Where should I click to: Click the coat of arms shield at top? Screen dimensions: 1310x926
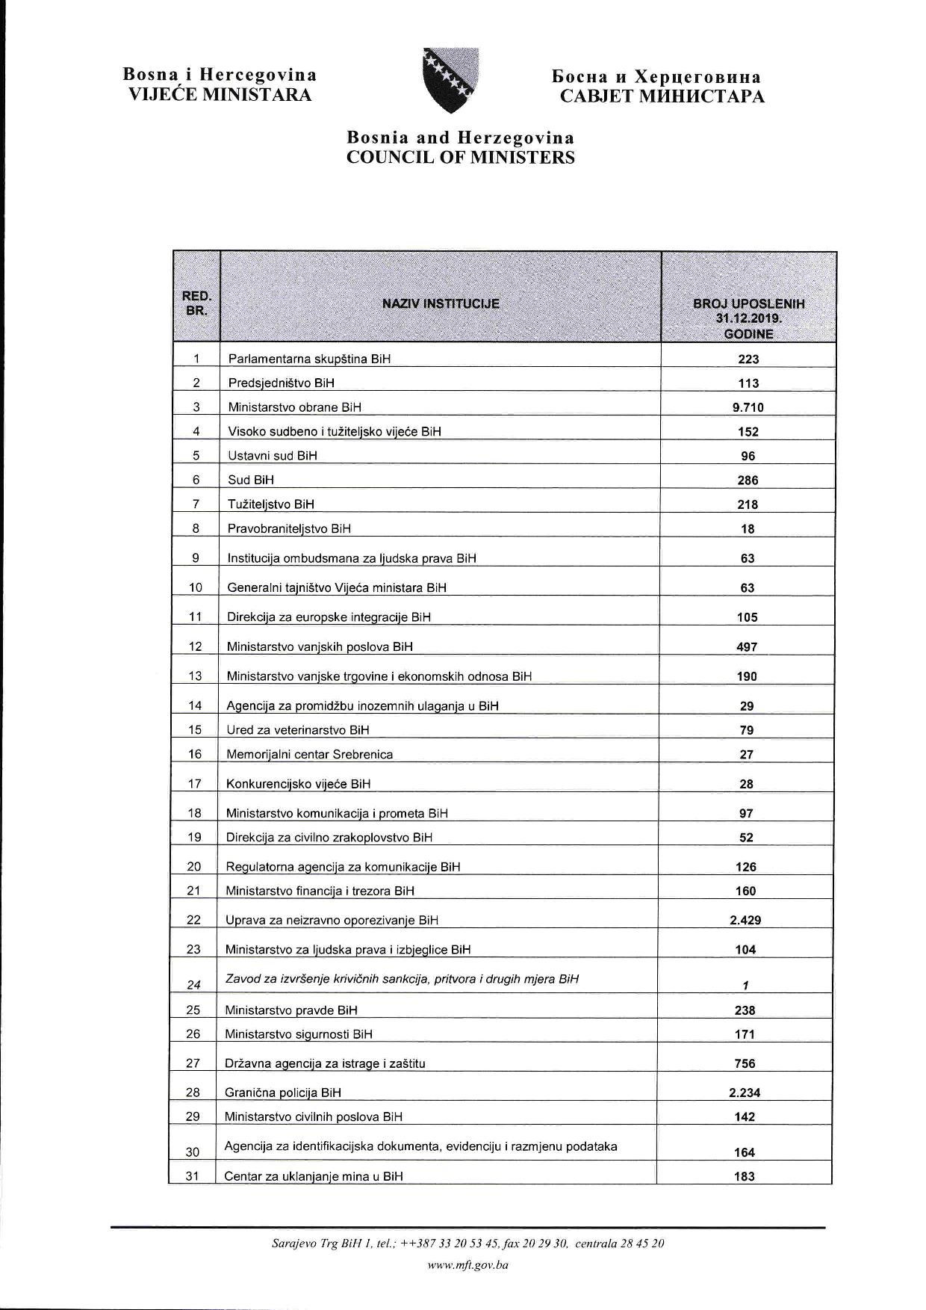[x=450, y=80]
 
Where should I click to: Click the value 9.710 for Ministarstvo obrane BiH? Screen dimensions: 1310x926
[x=748, y=407]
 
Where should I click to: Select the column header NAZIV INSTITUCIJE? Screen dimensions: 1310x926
[x=441, y=303]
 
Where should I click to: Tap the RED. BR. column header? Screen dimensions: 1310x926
[x=196, y=303]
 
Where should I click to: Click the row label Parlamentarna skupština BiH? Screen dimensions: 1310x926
[x=309, y=359]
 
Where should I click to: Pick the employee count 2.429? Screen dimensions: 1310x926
[x=745, y=920]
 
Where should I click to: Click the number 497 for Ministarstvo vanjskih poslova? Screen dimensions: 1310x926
[x=747, y=646]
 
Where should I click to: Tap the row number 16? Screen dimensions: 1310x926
[x=195, y=754]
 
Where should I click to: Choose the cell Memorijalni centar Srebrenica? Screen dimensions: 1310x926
[x=310, y=754]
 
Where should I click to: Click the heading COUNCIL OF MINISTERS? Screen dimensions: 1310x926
[x=460, y=158]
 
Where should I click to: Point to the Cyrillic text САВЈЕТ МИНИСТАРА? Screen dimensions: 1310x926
[x=662, y=96]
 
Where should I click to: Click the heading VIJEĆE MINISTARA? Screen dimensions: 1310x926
[x=220, y=95]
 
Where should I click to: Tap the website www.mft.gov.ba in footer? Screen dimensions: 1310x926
[x=467, y=1265]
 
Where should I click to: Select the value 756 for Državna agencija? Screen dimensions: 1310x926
[x=745, y=1063]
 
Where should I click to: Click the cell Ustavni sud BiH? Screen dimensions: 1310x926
[x=273, y=455]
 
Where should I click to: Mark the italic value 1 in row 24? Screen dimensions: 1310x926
[x=745, y=985]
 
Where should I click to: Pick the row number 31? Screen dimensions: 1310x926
[x=193, y=1175]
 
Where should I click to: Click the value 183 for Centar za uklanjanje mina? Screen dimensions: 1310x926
[x=745, y=1176]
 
